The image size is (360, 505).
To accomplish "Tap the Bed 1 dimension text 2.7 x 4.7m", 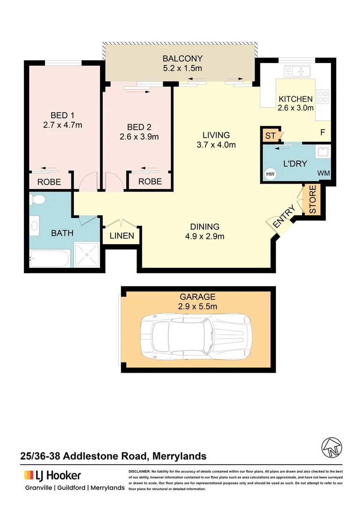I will pyautogui.click(x=63, y=125).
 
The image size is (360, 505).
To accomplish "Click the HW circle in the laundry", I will pyautogui.click(x=270, y=174).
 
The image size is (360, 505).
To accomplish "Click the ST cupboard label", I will pyautogui.click(x=270, y=136).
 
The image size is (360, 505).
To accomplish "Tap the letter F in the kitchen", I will pyautogui.click(x=323, y=132).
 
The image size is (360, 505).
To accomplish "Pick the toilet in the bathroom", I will pyautogui.click(x=37, y=200).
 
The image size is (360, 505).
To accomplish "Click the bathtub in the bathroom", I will pyautogui.click(x=50, y=258).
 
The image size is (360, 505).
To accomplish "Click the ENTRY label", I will pyautogui.click(x=284, y=217).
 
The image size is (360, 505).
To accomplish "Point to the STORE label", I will pyautogui.click(x=312, y=200).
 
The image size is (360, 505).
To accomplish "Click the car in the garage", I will pyautogui.click(x=196, y=335).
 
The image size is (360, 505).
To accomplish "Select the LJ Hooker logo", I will pyautogui.click(x=52, y=476).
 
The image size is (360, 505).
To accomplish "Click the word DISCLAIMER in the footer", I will pyautogui.click(x=139, y=471).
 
